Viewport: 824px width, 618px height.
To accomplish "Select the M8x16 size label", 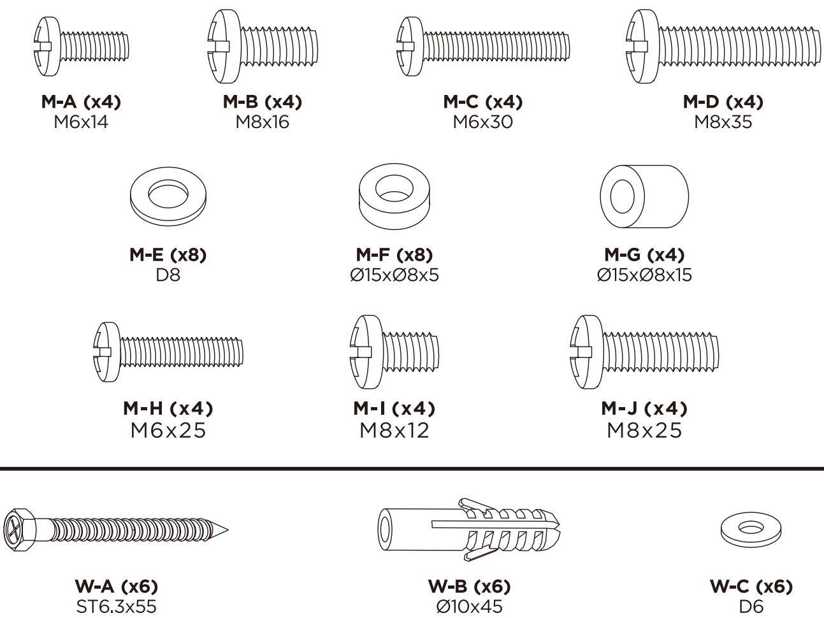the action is point(263,122).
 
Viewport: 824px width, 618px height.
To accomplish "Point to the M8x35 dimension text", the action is point(723,122).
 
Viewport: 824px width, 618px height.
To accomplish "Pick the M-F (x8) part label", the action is point(394,255).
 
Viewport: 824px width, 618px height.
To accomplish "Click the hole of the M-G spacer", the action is point(622,196).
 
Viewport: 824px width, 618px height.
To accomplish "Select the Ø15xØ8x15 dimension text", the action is point(644,275).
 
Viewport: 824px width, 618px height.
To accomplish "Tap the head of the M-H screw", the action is point(107,352).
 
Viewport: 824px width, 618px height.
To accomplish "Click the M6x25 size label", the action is point(168,431).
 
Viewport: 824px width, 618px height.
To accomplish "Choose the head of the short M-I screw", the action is point(366,352).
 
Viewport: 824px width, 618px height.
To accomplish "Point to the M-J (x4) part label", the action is point(644,408).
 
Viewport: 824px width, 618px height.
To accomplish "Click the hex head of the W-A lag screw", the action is point(20,530).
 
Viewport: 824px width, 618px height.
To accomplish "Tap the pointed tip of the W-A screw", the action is point(228,530).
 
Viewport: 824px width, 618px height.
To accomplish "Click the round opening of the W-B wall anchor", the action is point(385,529).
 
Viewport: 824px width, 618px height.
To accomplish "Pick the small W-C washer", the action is point(751,530).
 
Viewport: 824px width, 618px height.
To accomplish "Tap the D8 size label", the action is point(168,275).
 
